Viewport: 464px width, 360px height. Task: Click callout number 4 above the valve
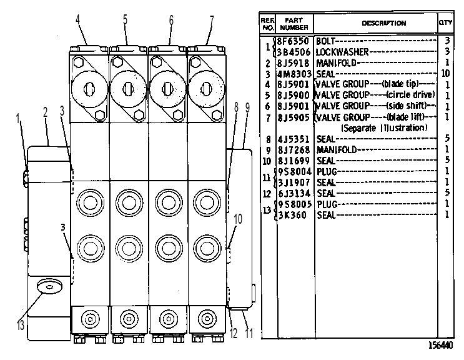click(78, 20)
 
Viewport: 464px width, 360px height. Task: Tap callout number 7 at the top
click(212, 21)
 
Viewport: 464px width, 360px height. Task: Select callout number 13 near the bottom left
click(20, 326)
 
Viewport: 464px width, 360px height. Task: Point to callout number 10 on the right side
click(238, 219)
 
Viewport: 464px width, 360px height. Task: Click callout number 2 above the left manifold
click(45, 112)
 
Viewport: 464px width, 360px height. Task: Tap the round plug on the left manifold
click(50, 286)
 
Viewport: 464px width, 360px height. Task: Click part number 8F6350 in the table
click(294, 41)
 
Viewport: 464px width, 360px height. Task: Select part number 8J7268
click(294, 150)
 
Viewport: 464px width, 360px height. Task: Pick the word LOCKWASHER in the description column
click(342, 52)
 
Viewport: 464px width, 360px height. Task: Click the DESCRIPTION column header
click(384, 23)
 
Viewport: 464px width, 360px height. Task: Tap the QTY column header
click(445, 22)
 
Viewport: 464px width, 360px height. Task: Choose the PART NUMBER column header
click(294, 24)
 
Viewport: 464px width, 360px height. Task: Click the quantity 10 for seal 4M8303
click(445, 73)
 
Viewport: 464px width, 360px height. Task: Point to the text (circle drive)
click(410, 95)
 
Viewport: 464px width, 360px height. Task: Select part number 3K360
click(293, 215)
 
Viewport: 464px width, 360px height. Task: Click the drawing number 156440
click(440, 345)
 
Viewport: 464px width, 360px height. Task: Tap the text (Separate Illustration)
click(385, 128)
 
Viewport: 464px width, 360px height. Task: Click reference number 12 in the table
click(267, 194)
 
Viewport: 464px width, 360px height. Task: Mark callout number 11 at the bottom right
click(249, 334)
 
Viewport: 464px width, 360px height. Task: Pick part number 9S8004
click(294, 172)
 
